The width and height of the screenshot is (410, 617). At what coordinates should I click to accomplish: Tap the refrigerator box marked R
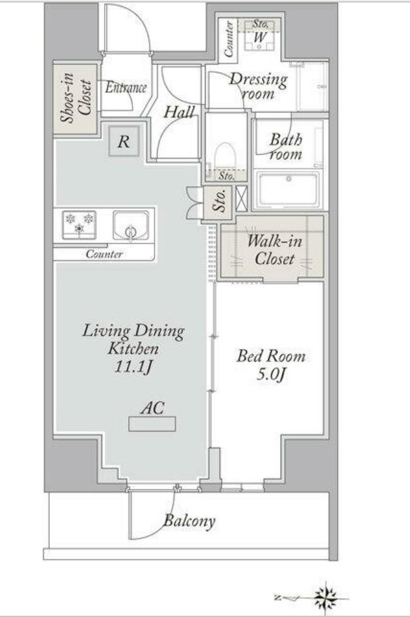[124, 141]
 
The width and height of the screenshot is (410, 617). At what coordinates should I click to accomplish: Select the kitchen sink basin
[131, 225]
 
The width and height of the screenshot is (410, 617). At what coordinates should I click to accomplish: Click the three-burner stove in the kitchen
[79, 225]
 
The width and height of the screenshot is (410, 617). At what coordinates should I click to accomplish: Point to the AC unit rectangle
[152, 425]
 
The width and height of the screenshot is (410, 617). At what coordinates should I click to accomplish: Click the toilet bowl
[225, 156]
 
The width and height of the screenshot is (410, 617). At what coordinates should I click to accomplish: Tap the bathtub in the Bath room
[289, 189]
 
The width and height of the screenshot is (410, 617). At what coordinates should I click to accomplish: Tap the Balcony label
[189, 521]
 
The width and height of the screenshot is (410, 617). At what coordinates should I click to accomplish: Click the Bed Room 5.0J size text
[271, 375]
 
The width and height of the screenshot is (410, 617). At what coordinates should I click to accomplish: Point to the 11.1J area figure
[133, 367]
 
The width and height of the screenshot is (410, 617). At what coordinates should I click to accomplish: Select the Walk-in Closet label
[274, 249]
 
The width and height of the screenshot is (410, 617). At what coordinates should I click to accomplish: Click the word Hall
[179, 112]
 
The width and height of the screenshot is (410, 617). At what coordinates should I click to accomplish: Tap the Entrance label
[126, 87]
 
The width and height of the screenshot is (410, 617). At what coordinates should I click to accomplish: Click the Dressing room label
[258, 86]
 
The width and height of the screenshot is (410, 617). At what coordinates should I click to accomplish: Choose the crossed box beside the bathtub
[242, 198]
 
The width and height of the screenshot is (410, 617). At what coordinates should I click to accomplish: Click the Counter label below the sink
[104, 254]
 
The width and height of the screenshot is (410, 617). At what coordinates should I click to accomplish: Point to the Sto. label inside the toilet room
[226, 175]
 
